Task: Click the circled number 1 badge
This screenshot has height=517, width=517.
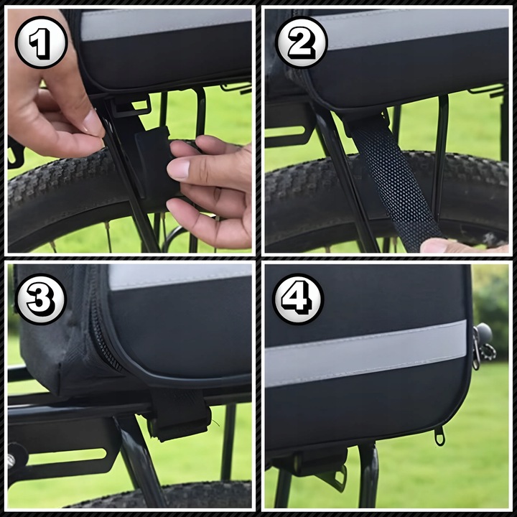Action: [41, 42]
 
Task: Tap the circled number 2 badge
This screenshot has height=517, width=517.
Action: [302, 42]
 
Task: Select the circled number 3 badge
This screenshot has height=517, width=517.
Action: [41, 299]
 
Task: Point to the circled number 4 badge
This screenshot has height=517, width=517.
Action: [298, 299]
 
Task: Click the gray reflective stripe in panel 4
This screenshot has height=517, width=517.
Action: [365, 353]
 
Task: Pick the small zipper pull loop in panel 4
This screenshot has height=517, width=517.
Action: [439, 437]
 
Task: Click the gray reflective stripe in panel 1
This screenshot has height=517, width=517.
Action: [166, 24]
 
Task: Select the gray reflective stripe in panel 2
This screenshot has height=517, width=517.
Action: [412, 29]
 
